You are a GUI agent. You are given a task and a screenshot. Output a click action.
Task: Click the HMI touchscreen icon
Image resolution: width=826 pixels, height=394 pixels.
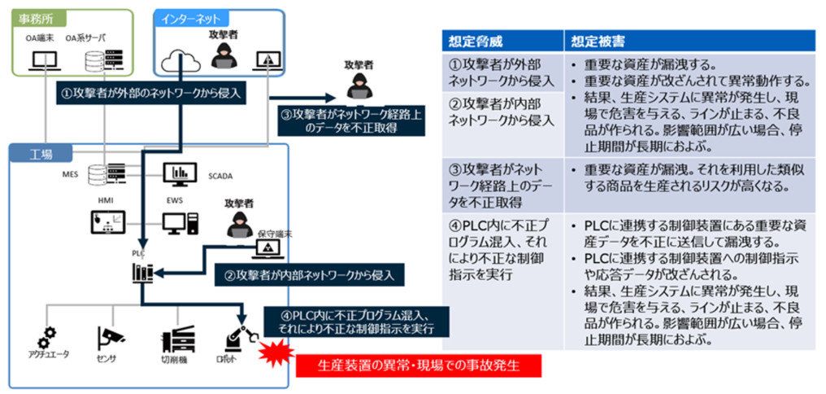coord(107,221)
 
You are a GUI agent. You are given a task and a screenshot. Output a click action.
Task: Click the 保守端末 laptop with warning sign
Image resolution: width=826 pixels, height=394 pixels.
coord(267,247)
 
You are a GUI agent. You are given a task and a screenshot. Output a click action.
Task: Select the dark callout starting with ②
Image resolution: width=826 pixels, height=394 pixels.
coord(307,275)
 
